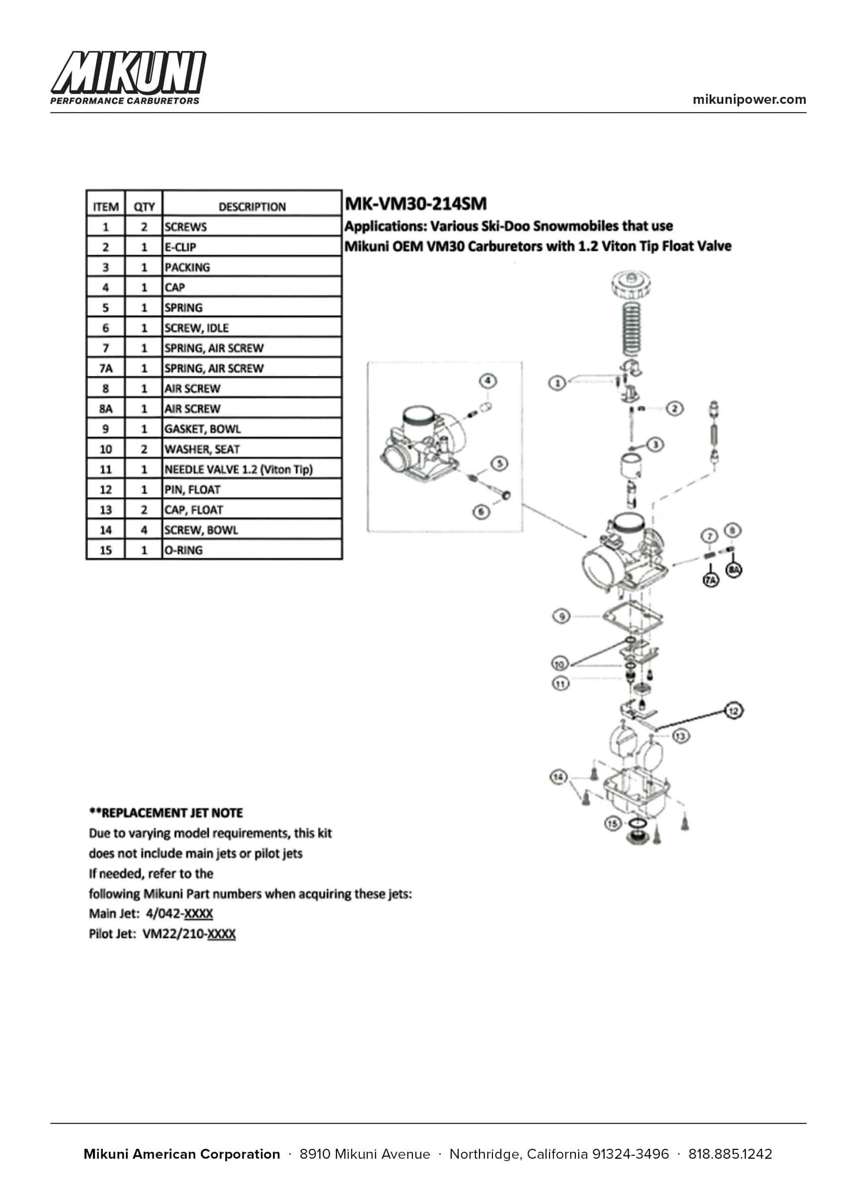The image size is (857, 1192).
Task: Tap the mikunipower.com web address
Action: [749, 100]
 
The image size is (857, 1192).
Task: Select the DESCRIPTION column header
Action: [252, 207]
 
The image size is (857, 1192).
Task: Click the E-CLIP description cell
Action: [180, 247]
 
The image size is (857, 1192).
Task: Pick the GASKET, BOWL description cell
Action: [202, 429]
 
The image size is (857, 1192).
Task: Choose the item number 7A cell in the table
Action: [106, 369]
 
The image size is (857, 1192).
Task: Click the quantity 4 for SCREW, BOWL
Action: [144, 530]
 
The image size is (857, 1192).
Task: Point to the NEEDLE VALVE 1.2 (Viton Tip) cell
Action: [238, 469]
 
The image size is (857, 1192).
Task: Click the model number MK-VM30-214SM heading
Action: [415, 204]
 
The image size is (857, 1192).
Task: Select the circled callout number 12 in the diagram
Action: [733, 711]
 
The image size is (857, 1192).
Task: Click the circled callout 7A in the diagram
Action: [710, 580]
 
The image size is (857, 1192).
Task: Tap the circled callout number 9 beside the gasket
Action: [561, 616]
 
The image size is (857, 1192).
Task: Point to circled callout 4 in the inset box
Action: [488, 381]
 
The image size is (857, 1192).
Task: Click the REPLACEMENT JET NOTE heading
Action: [166, 813]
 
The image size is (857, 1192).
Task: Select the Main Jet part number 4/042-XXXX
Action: [179, 913]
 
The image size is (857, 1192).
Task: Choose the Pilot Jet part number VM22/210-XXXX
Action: [189, 934]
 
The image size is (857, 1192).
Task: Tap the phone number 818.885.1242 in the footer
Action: [730, 1154]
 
